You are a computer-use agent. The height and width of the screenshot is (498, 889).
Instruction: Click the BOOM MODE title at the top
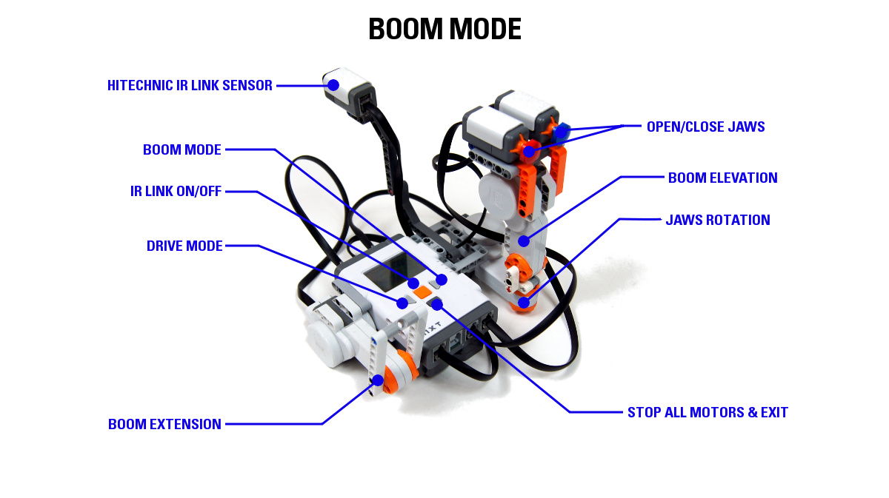point(444,29)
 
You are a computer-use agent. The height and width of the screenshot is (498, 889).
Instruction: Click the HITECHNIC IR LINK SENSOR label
point(190,85)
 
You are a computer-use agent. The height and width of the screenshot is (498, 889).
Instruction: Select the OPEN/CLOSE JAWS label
point(705,127)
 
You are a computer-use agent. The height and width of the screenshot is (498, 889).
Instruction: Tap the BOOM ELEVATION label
point(722,178)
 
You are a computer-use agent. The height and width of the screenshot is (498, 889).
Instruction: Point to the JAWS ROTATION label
point(717,220)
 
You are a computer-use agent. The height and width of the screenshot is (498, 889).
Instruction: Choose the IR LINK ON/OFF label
point(176,192)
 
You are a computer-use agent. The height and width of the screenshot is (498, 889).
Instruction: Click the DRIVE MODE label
point(184,246)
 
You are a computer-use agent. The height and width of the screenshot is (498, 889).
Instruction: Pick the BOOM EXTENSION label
point(164,424)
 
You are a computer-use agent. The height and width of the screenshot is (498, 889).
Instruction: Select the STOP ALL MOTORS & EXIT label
point(707,412)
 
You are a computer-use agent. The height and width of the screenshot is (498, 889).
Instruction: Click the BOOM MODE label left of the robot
point(182,149)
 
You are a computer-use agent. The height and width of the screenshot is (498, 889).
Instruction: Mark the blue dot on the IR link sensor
point(333,85)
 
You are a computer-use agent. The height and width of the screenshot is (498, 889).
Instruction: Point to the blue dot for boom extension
point(378,380)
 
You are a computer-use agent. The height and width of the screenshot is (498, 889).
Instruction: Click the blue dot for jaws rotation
point(524,302)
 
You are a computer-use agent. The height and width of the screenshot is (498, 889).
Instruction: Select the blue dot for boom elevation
point(523,240)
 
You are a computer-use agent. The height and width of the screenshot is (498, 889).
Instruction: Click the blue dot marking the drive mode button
point(402,303)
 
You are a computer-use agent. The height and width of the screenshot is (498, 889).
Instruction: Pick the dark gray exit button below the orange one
point(436,303)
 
